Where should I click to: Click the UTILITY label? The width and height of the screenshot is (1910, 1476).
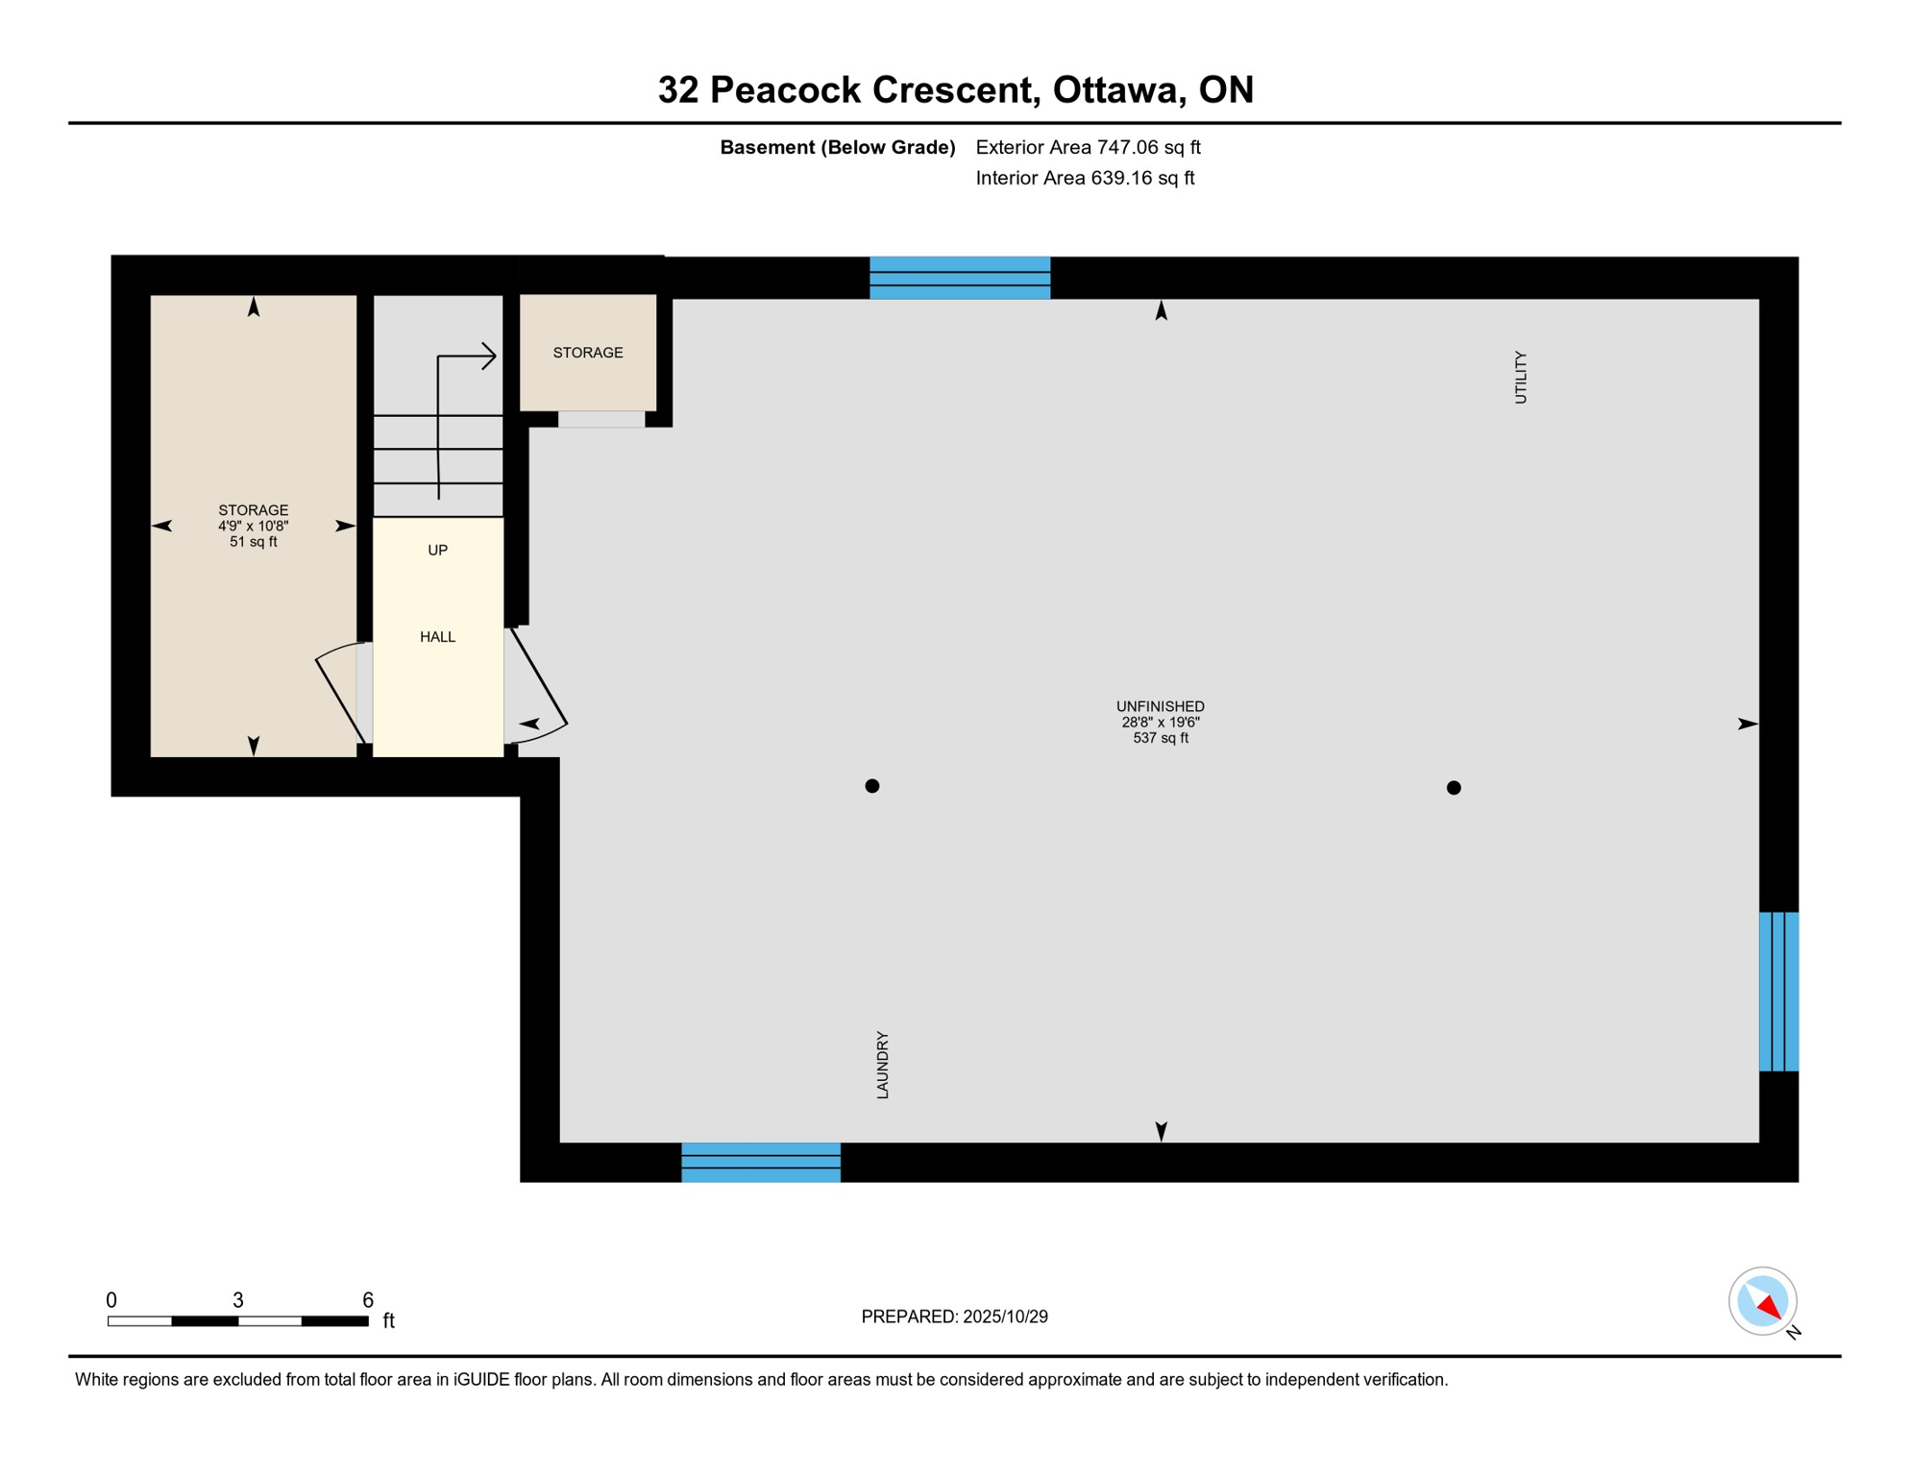[1520, 377]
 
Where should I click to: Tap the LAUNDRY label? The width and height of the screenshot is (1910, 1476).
[883, 1065]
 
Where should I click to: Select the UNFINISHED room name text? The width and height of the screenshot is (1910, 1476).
[1160, 706]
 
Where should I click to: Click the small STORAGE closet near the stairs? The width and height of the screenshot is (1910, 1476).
[588, 353]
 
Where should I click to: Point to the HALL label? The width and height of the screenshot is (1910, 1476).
[437, 637]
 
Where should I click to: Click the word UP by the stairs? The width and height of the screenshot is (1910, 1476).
[437, 551]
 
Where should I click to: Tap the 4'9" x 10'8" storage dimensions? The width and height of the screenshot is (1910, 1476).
[253, 527]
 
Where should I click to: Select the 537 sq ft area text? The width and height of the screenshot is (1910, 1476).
[1160, 738]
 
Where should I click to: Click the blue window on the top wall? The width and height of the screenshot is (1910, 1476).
[959, 278]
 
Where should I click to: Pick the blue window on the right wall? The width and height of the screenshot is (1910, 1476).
[1778, 991]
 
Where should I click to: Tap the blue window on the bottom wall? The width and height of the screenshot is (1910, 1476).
[760, 1162]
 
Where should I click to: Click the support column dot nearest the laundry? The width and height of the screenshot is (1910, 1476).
[871, 786]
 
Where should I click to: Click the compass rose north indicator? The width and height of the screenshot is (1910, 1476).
[1768, 1305]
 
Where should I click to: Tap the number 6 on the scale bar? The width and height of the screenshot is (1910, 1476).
[367, 1300]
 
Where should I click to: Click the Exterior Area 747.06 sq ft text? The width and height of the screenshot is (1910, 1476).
[1088, 147]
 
